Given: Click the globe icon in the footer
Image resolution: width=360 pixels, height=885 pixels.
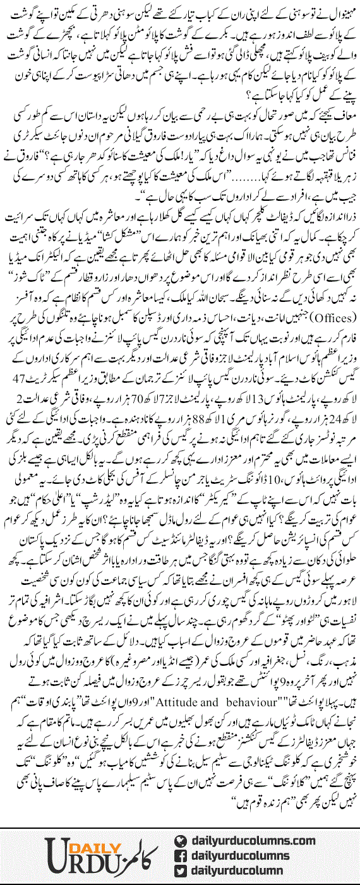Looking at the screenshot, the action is point(180,840).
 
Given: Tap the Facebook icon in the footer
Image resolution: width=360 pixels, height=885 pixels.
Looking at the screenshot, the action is point(180,855).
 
